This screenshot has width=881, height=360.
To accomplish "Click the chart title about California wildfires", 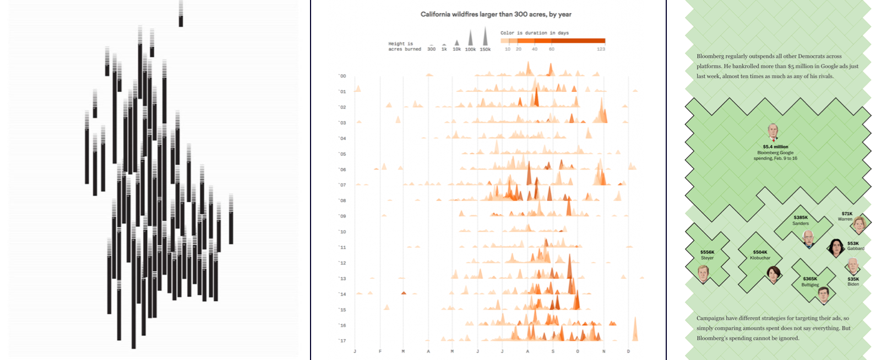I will click(496, 14).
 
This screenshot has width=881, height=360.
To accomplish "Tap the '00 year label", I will click(342, 76).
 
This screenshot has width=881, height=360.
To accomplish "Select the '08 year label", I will click(342, 200).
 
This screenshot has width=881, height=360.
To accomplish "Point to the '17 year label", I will click(342, 341).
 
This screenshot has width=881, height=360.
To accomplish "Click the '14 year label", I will click(342, 294).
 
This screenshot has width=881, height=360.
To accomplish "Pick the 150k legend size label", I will click(485, 50).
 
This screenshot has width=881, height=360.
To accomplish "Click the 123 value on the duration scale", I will click(601, 49).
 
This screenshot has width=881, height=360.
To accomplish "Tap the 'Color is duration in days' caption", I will click(534, 33).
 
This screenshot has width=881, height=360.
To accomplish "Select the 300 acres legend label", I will click(431, 50).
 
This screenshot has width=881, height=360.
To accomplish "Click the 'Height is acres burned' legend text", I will click(404, 46).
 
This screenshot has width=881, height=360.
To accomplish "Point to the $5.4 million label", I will click(775, 147).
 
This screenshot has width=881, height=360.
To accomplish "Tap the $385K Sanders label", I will click(801, 220).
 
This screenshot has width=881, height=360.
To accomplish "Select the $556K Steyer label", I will click(707, 255).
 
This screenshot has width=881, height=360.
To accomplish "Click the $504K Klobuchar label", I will click(760, 255).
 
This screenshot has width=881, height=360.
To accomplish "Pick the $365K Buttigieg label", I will click(810, 282).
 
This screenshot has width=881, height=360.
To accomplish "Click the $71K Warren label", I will click(846, 216).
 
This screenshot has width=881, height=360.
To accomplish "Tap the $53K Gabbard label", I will click(855, 246).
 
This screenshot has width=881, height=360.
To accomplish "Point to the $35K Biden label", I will click(853, 281).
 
